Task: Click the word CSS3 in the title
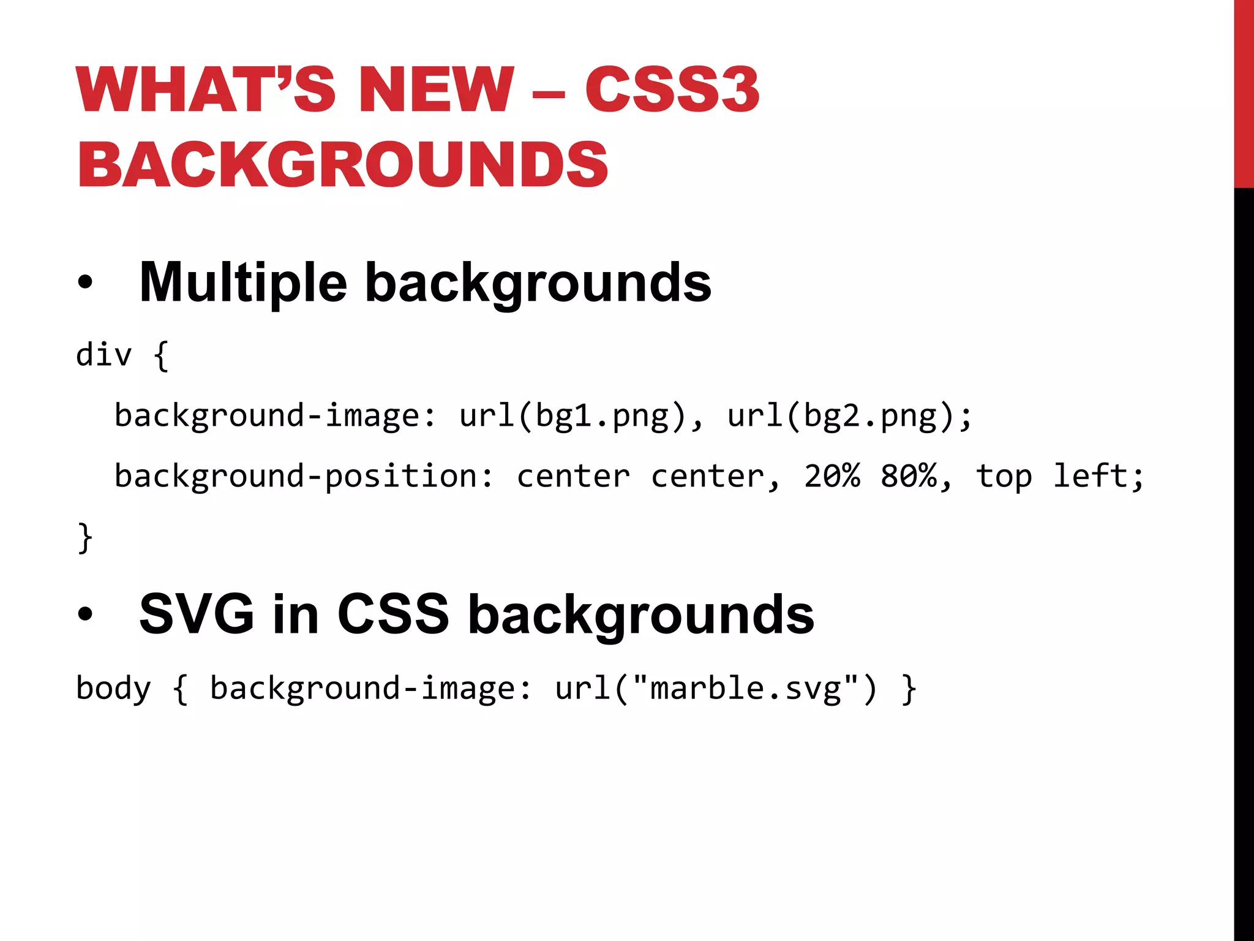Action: click(x=672, y=90)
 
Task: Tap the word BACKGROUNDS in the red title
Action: click(x=343, y=164)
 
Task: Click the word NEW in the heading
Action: click(x=436, y=90)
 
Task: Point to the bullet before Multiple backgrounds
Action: click(x=85, y=282)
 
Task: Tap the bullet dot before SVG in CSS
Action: click(x=85, y=614)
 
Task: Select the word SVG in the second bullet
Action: click(x=197, y=614)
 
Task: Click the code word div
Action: click(x=103, y=355)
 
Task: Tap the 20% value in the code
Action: click(x=832, y=476)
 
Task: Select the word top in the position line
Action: click(x=1004, y=477)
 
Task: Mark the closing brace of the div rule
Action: click(x=85, y=538)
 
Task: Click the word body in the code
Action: click(x=113, y=689)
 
